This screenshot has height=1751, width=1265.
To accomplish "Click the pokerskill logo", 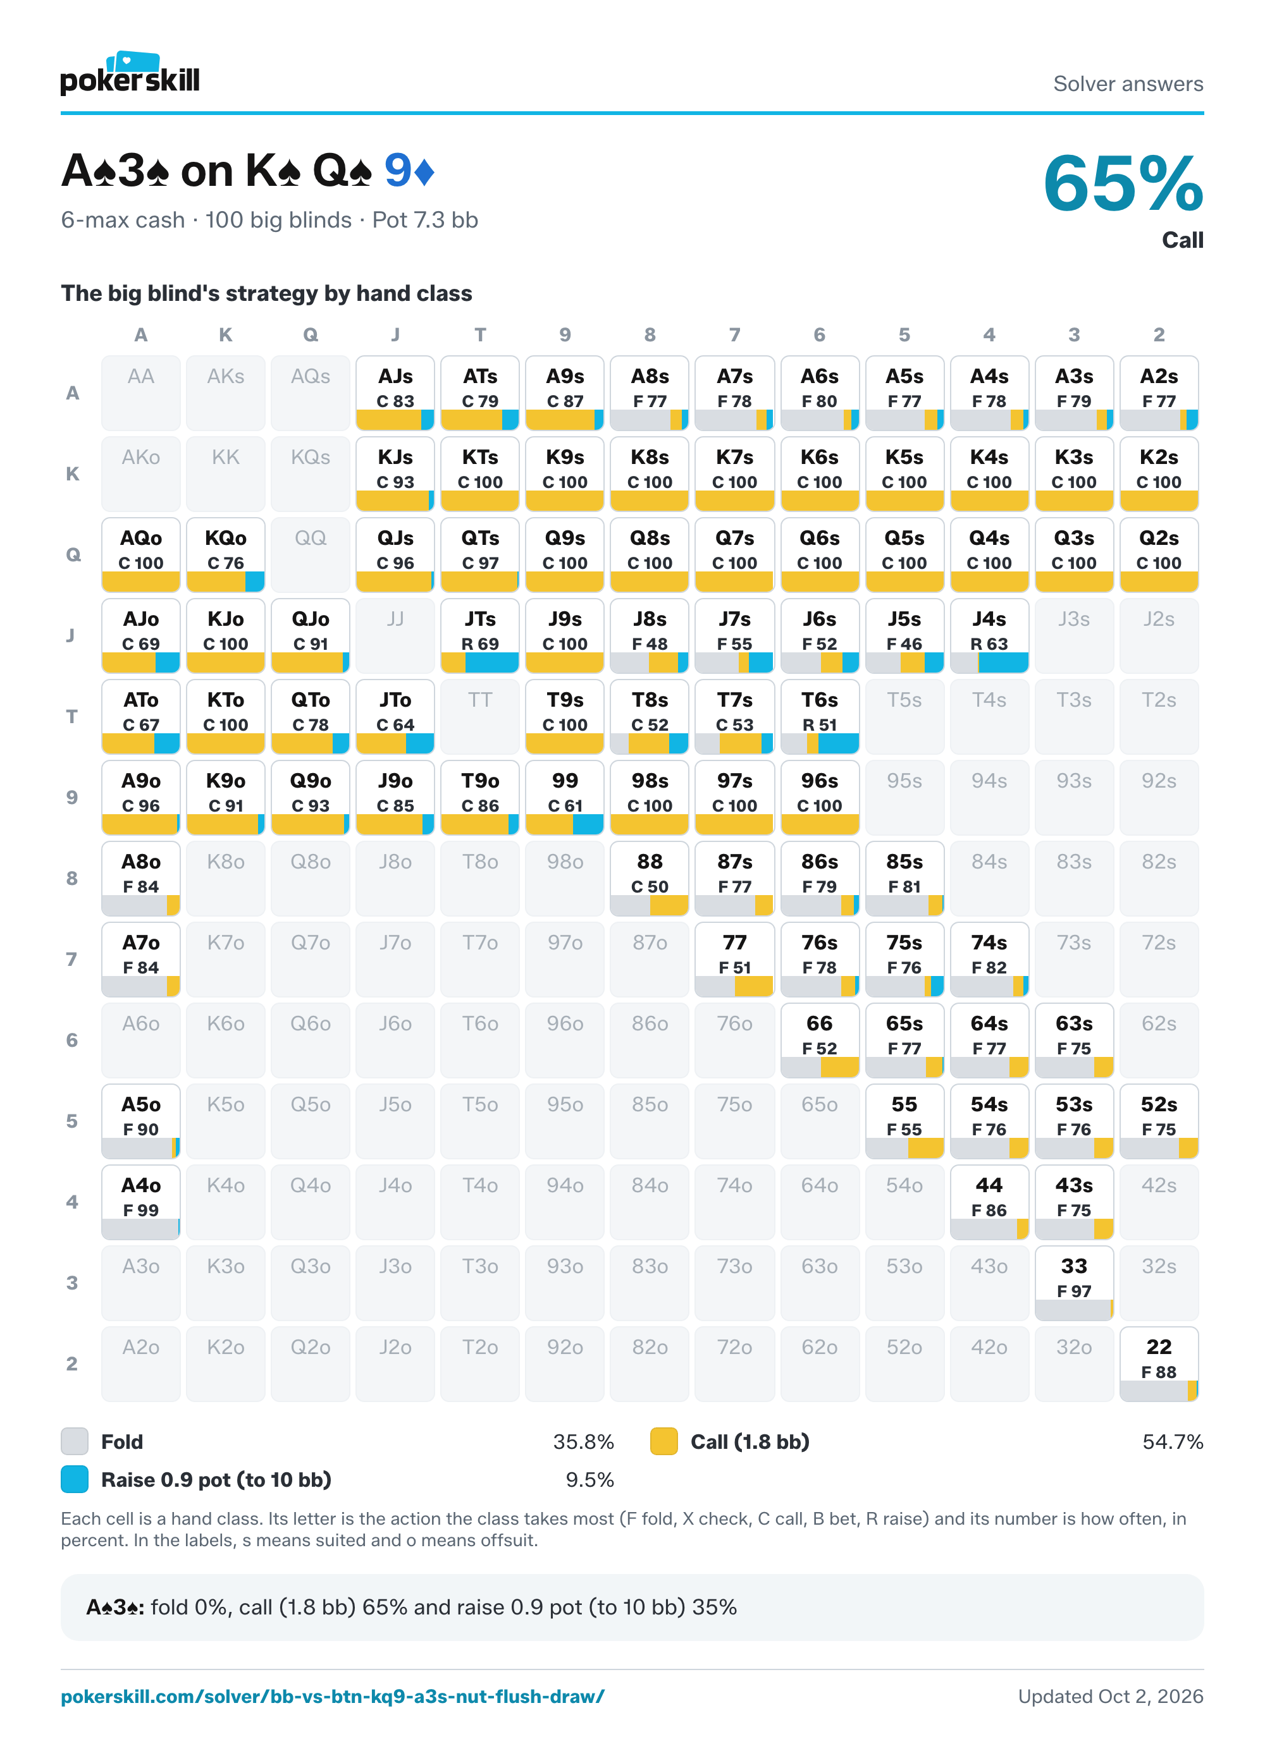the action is (x=130, y=73).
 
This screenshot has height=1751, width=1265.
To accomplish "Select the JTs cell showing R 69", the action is (x=479, y=635).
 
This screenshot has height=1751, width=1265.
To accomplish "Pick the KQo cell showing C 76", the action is (x=226, y=554).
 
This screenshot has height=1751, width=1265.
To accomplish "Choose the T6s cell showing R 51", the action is (x=819, y=716).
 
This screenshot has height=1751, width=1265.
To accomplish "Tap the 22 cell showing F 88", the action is (x=1159, y=1364).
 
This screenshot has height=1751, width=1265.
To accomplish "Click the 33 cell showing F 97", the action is (x=1073, y=1283).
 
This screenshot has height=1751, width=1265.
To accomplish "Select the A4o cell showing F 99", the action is (x=140, y=1201).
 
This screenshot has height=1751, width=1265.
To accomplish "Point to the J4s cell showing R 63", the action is (x=989, y=635).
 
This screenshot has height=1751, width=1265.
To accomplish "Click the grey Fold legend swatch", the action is (x=75, y=1441).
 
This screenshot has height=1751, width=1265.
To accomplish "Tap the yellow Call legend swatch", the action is (x=664, y=1441).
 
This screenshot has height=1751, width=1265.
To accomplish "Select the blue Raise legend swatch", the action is (x=75, y=1479).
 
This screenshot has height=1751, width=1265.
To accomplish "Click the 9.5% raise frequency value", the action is (x=590, y=1479).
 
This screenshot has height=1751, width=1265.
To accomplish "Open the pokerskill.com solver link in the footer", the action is (x=333, y=1696).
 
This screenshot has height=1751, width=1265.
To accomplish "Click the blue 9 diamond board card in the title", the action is (x=409, y=171).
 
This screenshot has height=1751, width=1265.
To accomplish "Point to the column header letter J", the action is (x=395, y=334).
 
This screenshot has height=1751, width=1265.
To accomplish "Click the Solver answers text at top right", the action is (x=1128, y=83).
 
